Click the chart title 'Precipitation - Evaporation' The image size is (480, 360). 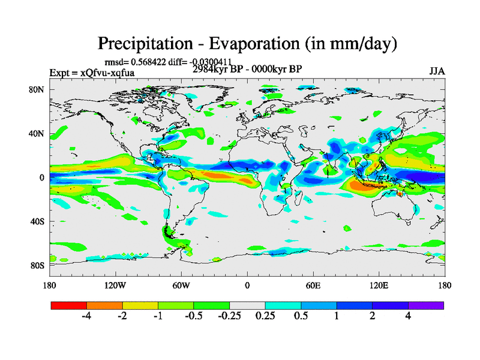click(248, 44)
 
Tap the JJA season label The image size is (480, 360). click(437, 71)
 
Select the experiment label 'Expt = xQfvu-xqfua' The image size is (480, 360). click(92, 73)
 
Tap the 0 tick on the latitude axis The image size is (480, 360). click(42, 178)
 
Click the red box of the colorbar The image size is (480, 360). click(69, 305)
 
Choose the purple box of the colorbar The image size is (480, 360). click(426, 305)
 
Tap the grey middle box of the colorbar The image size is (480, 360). click(247, 305)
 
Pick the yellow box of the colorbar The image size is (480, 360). click(140, 305)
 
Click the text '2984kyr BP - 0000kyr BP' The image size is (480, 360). click(247, 69)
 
